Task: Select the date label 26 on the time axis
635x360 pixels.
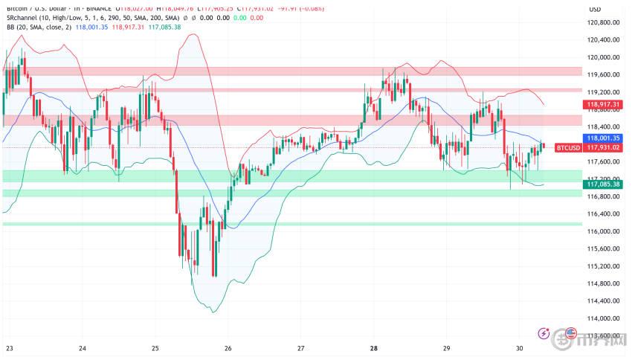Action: [228, 348]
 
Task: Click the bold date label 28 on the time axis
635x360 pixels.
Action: [374, 348]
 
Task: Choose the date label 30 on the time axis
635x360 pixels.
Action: [520, 348]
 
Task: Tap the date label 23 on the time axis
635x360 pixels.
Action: [9, 348]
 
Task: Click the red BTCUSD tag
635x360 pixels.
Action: [569, 147]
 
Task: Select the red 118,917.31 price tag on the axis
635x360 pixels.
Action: [603, 105]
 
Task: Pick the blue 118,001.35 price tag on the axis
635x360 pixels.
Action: [603, 138]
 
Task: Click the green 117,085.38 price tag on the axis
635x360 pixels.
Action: [603, 184]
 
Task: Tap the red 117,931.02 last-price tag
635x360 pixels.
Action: [603, 147]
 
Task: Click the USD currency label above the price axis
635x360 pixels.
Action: [595, 9]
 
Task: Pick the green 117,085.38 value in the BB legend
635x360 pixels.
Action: [164, 27]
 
